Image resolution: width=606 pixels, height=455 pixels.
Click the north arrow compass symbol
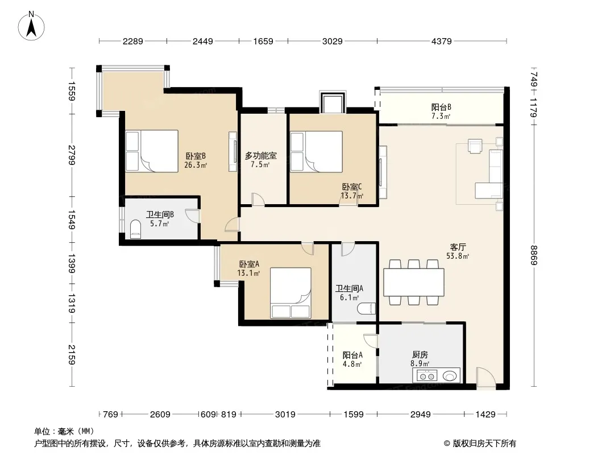31,26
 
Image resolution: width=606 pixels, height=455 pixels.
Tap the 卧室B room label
196,156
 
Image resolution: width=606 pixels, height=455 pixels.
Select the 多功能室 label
260,156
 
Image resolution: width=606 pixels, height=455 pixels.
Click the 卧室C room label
352,187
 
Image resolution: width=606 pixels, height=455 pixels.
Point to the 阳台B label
441,107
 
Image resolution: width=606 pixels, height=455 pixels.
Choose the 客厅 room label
458,247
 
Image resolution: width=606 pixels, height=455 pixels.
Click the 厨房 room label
420,354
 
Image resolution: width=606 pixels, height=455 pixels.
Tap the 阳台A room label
352,355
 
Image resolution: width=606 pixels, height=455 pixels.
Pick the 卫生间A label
350,288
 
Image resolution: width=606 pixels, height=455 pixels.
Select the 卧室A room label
249,264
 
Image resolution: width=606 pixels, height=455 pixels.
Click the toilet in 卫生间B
136,229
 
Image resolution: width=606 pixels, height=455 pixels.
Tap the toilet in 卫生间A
366,308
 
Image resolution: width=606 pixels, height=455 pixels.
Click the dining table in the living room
413,283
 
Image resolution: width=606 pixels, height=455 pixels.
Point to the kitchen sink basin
449,375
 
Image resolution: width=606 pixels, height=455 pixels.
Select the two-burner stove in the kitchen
426,376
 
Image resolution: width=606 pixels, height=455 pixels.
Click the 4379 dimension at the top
441,41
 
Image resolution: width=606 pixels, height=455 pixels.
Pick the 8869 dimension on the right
534,255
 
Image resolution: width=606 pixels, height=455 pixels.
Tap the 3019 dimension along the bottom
285,415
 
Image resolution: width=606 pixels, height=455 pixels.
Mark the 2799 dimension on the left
72,155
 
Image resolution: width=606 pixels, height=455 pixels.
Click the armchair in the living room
475,146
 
